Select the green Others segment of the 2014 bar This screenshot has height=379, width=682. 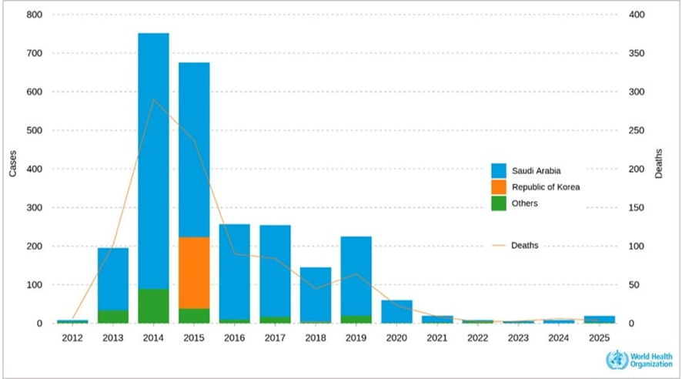coord(153,306)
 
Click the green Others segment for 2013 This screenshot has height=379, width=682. coord(113,316)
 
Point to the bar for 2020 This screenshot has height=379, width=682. coord(396,311)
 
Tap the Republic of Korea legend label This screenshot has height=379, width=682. coord(545,187)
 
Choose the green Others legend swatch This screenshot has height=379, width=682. coord(499,203)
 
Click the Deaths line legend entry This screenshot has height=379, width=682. coord(516,246)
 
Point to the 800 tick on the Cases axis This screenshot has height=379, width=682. coord(34,15)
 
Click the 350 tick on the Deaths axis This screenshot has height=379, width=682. coord(637,53)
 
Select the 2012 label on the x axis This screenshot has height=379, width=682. coord(72,338)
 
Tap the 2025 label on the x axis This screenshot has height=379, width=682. coord(599,338)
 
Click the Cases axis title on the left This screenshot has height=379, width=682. coord(13,164)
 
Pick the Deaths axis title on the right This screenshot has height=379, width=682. coord(659,164)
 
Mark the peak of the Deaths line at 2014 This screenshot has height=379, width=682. coord(154,99)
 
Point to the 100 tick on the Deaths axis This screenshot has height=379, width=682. coord(637,247)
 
